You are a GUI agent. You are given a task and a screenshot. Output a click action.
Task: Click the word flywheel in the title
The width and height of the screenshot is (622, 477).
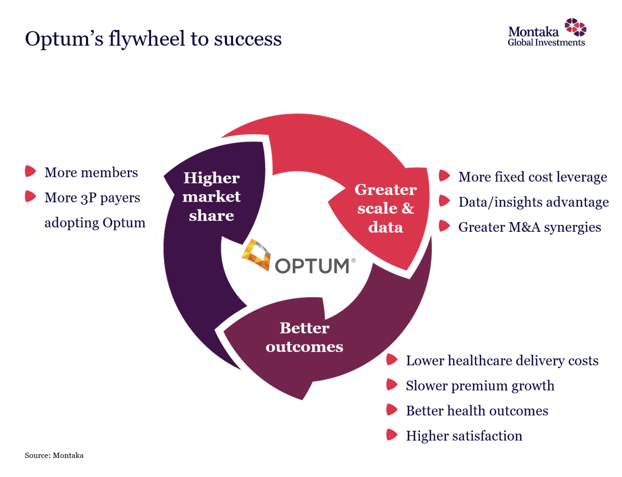(147, 39)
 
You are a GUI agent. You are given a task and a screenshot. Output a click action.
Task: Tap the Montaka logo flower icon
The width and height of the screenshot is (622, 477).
(575, 27)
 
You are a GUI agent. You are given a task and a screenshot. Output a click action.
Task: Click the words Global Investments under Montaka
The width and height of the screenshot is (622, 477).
(546, 43)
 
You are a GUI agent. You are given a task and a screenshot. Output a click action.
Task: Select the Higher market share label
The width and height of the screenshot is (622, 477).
(211, 197)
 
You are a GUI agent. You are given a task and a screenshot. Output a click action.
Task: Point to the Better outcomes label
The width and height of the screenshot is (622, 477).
(304, 337)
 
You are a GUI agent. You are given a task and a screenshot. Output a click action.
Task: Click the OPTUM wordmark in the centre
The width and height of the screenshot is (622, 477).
(312, 266)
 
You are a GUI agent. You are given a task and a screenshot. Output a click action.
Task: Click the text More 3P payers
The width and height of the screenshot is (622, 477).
(92, 198)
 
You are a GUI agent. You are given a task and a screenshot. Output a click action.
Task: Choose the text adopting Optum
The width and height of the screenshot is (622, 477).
(95, 222)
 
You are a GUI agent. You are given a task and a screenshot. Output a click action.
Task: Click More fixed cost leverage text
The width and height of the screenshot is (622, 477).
(532, 177)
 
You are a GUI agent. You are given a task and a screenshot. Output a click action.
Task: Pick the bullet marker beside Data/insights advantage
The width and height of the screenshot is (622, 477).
(444, 201)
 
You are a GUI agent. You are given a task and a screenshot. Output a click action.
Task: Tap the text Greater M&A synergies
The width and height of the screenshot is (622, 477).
(529, 227)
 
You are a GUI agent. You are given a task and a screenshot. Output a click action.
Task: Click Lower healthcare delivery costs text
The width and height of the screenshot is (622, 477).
(502, 361)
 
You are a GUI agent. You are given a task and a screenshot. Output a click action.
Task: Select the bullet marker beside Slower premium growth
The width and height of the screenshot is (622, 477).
(391, 385)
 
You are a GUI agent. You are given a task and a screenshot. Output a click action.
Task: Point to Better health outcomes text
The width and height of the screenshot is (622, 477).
(477, 411)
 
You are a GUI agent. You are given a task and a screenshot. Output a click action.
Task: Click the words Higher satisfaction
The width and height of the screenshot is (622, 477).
(464, 436)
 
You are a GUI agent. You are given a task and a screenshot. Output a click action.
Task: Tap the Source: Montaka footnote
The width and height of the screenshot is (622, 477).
(54, 455)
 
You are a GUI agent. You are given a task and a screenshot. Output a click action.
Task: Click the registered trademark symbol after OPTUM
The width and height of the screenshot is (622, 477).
(353, 260)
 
